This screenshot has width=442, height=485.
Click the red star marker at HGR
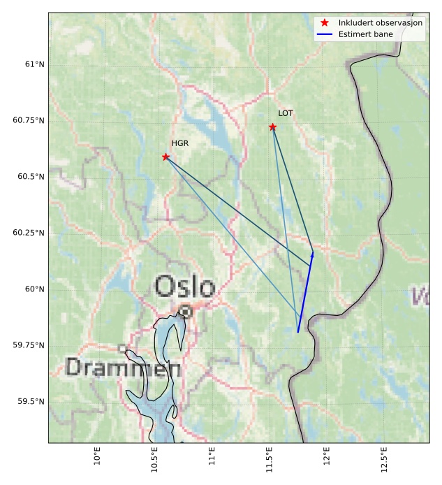[x=166, y=157]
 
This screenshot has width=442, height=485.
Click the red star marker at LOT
[x=272, y=126]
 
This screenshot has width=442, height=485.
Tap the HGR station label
[x=180, y=143]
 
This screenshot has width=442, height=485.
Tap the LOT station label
[x=286, y=113]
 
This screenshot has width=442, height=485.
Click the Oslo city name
[x=184, y=287]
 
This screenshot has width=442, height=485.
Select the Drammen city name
[x=123, y=368]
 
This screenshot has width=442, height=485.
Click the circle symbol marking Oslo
[x=185, y=312]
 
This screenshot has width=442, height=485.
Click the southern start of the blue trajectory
[x=298, y=332]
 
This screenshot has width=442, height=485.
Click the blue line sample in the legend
[x=325, y=34]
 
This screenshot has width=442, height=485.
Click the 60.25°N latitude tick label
[x=29, y=233]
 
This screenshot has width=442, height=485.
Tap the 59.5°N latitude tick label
[x=30, y=402]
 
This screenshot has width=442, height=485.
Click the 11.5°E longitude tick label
[x=269, y=458]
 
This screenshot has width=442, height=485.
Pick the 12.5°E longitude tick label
[x=383, y=458]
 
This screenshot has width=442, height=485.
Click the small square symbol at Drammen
[x=122, y=348]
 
